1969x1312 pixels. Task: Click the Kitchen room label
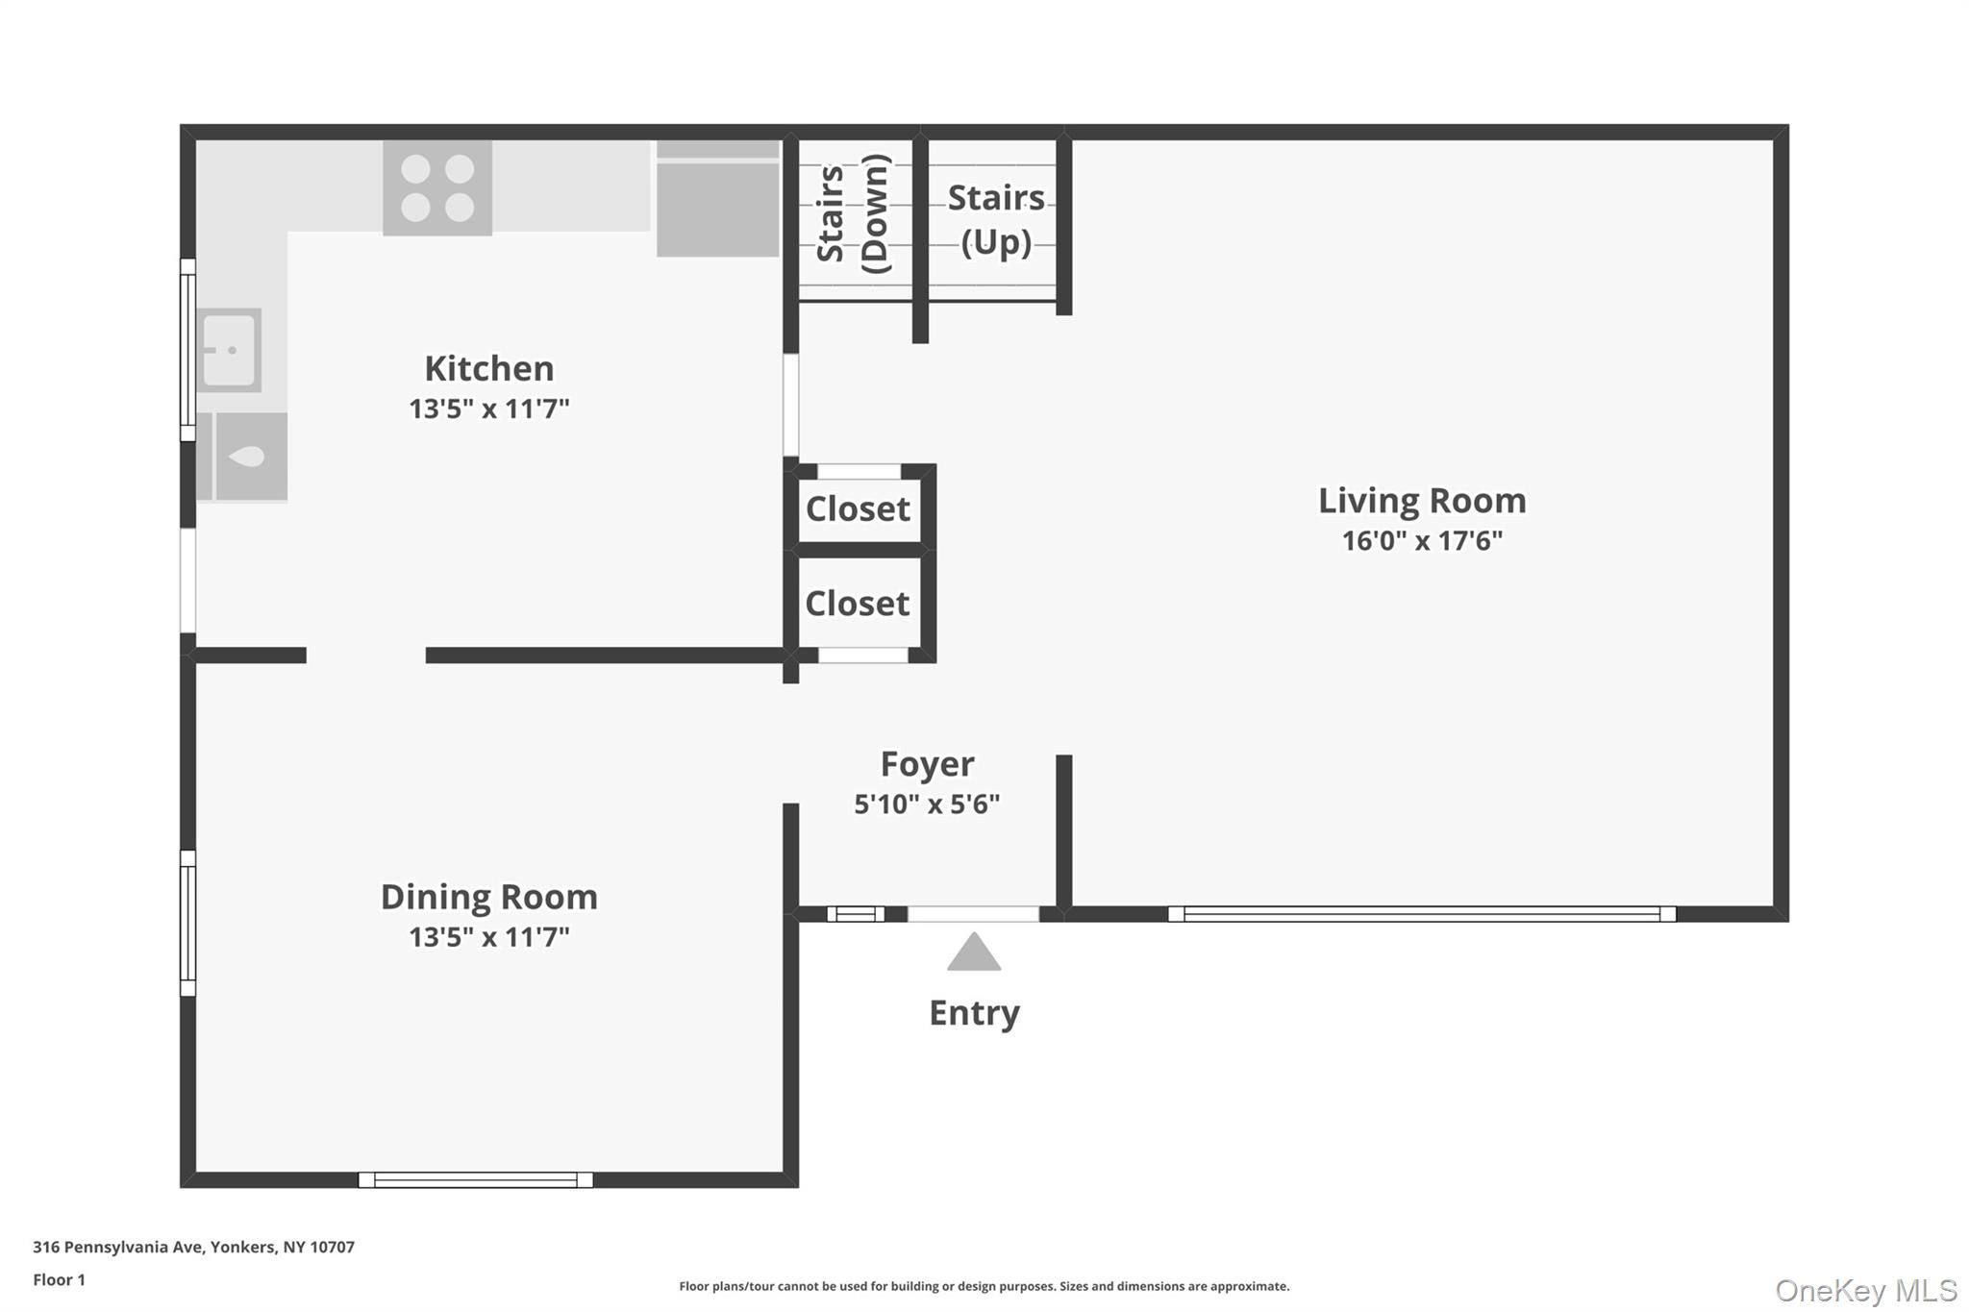[488, 368]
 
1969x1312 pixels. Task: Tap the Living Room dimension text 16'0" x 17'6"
[1421, 541]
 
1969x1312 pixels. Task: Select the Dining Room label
[488, 897]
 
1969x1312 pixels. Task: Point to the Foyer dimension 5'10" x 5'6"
[927, 805]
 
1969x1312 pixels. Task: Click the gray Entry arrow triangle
[974, 953]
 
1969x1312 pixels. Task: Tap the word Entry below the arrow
[974, 1013]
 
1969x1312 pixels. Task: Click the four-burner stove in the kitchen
[437, 187]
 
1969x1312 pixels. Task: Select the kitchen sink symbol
[230, 350]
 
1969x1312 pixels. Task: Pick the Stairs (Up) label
[996, 219]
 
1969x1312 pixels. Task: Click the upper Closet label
[858, 508]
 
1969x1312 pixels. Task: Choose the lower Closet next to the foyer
[858, 604]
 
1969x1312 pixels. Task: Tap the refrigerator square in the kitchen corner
[717, 208]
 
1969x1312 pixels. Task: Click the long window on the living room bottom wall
[1421, 914]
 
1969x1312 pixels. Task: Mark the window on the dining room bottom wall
[476, 1180]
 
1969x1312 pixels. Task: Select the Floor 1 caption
[59, 1280]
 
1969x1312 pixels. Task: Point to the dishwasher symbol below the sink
[249, 457]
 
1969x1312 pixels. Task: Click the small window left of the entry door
[855, 914]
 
